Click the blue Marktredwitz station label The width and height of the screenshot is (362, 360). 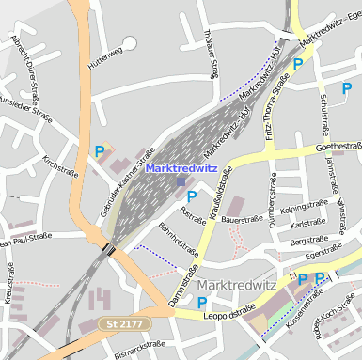point(181,169)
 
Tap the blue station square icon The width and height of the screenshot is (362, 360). point(181,182)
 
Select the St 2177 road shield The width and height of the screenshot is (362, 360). point(123,324)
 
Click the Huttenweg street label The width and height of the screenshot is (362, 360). point(104,58)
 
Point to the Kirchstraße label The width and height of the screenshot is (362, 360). point(60,165)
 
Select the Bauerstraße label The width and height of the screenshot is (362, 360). point(240,219)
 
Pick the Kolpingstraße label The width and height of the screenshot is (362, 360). point(308,206)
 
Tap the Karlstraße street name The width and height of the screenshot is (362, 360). point(307,224)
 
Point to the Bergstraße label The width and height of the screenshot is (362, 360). point(308,241)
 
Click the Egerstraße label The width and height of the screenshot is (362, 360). point(323,252)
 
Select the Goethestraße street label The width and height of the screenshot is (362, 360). point(338,147)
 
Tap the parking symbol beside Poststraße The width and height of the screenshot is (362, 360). point(192,196)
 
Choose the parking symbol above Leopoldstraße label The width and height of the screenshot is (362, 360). point(202,302)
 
